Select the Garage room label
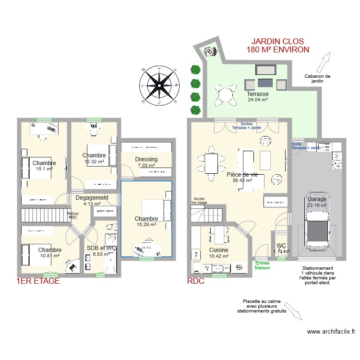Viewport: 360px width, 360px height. [316, 199]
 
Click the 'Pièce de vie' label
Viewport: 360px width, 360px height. [242, 175]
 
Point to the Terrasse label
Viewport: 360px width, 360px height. [257, 94]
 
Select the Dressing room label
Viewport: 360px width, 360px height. [146, 159]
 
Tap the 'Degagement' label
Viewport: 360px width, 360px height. [92, 198]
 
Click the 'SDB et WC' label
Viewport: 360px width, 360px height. [101, 248]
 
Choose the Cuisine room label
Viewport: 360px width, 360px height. [218, 250]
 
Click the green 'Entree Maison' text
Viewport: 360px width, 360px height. [262, 265]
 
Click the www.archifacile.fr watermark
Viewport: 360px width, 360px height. [331, 331]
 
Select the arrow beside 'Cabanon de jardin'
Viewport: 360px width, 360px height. [324, 62]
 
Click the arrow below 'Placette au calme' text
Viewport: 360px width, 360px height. [293, 313]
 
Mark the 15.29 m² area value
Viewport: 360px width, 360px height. [146, 224]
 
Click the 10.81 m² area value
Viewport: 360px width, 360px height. [50, 255]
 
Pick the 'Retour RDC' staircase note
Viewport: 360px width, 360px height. [73, 216]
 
